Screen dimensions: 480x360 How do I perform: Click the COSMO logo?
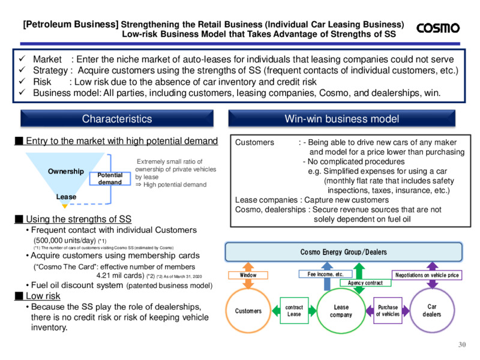(x=438, y=28)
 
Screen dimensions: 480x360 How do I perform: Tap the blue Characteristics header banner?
(x=117, y=118)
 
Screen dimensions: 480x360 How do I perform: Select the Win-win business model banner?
(x=341, y=118)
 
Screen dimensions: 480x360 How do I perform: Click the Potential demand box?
(x=110, y=179)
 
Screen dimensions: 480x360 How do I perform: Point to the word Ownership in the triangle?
(x=66, y=172)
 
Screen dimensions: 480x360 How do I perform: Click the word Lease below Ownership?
(x=66, y=197)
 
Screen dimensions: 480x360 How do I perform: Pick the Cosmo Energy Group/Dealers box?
(x=343, y=252)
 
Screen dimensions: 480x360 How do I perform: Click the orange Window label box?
(x=248, y=275)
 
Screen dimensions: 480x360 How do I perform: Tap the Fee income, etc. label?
(x=325, y=274)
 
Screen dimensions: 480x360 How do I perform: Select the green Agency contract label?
(x=365, y=283)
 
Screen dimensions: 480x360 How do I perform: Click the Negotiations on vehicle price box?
(x=427, y=275)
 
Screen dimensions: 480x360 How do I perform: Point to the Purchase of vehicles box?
(x=388, y=310)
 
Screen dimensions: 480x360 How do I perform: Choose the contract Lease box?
(x=294, y=310)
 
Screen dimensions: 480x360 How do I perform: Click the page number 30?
(x=462, y=344)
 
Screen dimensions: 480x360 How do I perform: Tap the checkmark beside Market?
(x=22, y=58)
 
